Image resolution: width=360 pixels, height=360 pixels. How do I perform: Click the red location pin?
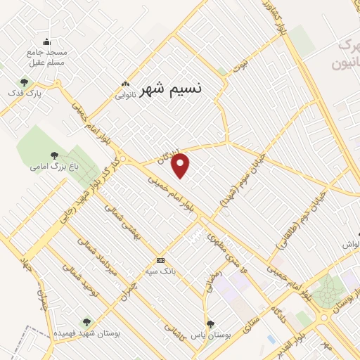[181, 165]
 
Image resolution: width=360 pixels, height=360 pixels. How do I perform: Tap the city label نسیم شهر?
[170, 89]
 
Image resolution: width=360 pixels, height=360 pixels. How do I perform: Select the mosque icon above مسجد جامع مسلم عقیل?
[47, 41]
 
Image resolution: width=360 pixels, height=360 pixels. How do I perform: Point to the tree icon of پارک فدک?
[25, 82]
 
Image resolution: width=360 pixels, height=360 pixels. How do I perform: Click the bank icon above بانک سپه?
[161, 260]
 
